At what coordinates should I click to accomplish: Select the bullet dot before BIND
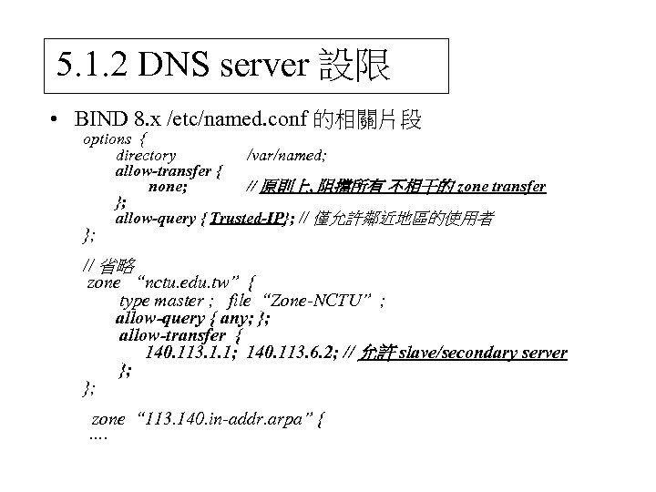tap(56, 119)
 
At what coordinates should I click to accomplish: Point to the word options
tap(108, 139)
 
